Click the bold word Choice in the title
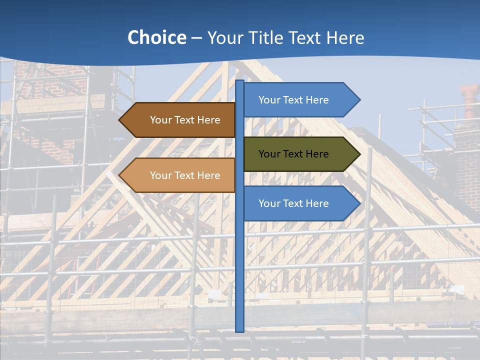click(x=156, y=38)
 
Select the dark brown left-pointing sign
click(x=180, y=120)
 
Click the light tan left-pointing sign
click(x=180, y=175)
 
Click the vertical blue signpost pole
click(x=239, y=250)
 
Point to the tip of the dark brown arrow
click(x=120, y=120)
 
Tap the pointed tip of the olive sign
click(x=359, y=154)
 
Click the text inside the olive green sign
click(x=293, y=154)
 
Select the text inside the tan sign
click(x=185, y=175)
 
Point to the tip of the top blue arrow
click(x=359, y=100)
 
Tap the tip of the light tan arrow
click(x=120, y=175)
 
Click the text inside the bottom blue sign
click(x=293, y=203)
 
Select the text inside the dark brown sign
click(x=185, y=120)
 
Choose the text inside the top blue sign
click(x=293, y=100)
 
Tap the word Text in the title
click(x=306, y=38)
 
